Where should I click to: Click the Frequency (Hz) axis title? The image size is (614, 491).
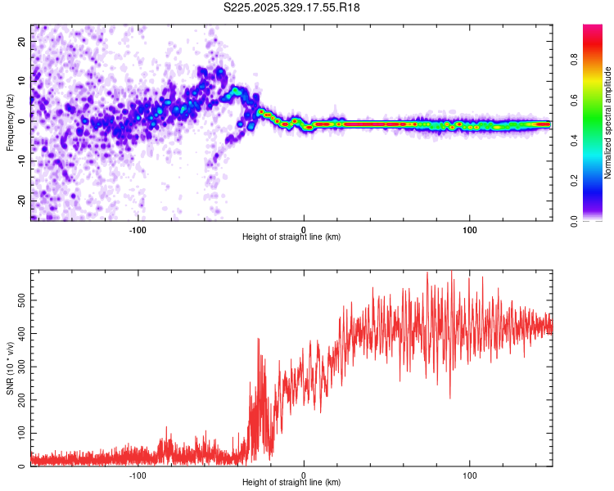[11, 123]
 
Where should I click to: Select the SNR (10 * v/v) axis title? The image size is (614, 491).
[11, 369]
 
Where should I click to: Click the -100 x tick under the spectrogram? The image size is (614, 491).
[138, 230]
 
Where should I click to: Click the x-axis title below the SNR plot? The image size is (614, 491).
[291, 483]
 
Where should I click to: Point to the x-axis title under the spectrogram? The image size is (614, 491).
[291, 237]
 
